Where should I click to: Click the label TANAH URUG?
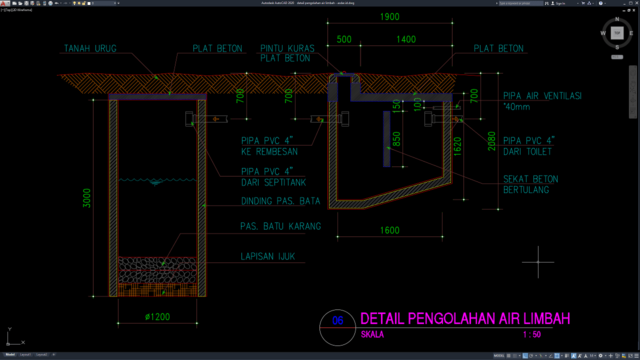(x=91, y=48)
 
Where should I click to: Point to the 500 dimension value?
(x=344, y=40)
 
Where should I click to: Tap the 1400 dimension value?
(x=406, y=40)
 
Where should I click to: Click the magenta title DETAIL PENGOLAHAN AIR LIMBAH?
(x=464, y=319)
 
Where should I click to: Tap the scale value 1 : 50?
(x=531, y=336)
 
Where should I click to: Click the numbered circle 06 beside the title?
(x=337, y=321)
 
